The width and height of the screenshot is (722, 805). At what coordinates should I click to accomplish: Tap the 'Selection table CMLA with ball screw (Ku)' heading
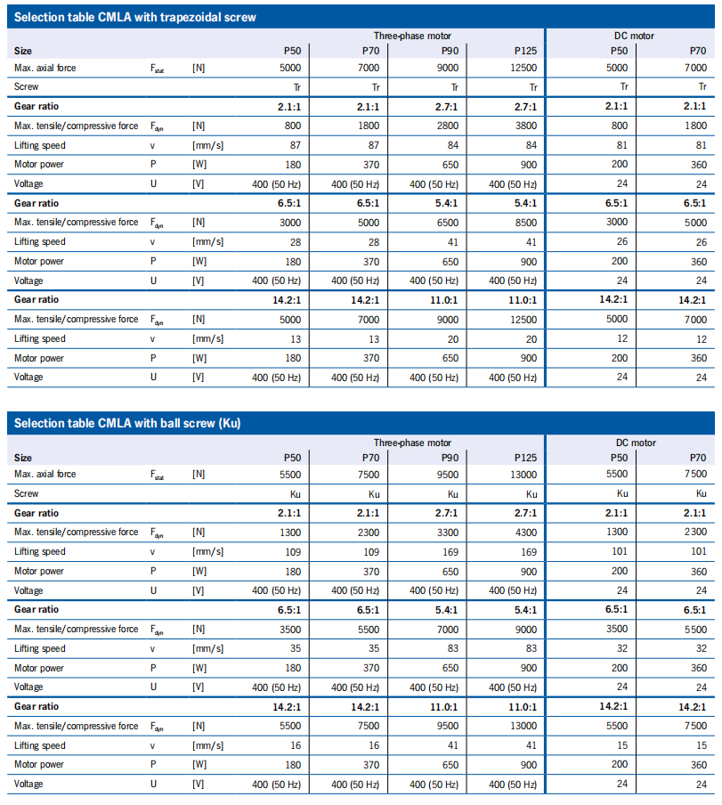(129, 423)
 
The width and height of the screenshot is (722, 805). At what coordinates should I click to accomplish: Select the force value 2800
(448, 126)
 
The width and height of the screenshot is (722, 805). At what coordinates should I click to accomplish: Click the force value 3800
(526, 126)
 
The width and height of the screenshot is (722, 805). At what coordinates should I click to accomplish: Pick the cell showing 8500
(526, 222)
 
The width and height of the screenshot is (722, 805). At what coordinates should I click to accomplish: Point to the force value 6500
(448, 222)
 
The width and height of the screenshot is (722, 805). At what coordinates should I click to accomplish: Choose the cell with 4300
(526, 532)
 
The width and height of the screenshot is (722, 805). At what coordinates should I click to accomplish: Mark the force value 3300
(448, 532)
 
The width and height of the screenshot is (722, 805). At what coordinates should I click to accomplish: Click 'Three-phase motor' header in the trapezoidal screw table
(412, 37)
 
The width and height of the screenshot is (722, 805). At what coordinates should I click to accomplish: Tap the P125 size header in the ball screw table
(525, 457)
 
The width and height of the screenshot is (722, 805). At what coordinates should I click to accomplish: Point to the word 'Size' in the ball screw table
(23, 457)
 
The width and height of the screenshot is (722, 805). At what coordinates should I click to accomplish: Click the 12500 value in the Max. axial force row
(525, 68)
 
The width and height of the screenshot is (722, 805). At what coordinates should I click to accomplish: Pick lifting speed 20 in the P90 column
(453, 338)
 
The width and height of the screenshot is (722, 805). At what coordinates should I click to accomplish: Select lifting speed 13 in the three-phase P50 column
(296, 338)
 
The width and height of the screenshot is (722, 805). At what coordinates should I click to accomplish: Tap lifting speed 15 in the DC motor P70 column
(702, 745)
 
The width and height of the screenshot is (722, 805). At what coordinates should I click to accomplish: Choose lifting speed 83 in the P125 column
(531, 648)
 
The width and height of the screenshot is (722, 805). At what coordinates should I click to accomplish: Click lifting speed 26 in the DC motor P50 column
(623, 241)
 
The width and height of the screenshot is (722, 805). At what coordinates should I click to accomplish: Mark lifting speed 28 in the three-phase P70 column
(374, 241)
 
